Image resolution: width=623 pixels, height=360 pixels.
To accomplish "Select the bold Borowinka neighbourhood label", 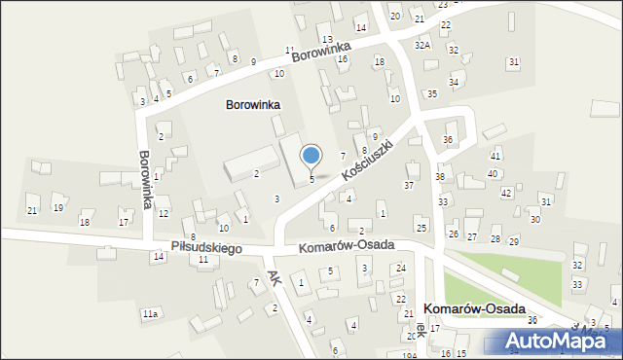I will [x=253, y=104].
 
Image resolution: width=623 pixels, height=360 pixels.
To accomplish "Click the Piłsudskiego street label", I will [x=206, y=248].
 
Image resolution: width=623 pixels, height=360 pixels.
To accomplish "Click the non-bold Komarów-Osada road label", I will [x=346, y=246].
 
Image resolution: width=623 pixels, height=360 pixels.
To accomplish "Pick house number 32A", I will [x=421, y=45].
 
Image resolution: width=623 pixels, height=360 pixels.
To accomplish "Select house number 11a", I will [x=150, y=314].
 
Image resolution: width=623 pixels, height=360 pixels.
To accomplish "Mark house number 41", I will [x=495, y=156].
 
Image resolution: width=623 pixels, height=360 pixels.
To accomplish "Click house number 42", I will [x=506, y=193].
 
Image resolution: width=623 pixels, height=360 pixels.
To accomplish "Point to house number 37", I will [x=409, y=185].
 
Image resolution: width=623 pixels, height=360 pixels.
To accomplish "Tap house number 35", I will [x=432, y=93].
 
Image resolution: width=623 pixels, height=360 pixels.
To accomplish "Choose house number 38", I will [x=440, y=176].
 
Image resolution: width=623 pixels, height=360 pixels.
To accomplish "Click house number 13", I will [x=327, y=39].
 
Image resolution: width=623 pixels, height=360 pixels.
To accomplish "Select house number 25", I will [x=421, y=228].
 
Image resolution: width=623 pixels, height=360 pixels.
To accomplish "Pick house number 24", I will [x=400, y=268].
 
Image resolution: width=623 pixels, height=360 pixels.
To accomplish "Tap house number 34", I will [x=454, y=83].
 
